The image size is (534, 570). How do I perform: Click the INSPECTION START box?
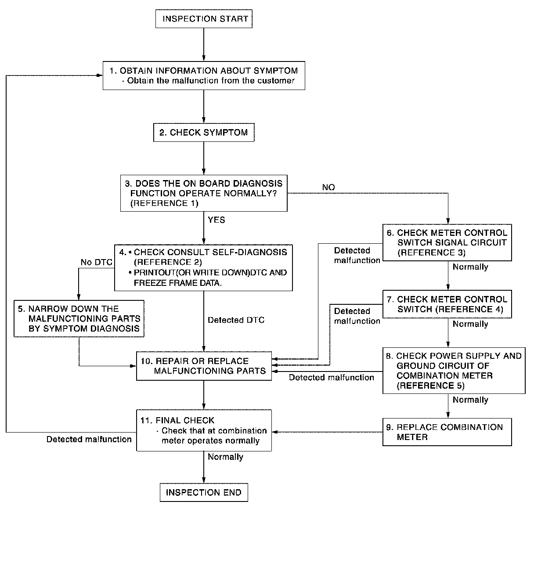(204, 19)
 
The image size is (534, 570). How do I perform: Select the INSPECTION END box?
(204, 492)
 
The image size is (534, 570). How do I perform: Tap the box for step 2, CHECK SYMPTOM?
(204, 132)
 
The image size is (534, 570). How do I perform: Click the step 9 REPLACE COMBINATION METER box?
(447, 432)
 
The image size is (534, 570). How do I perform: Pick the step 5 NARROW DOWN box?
(79, 318)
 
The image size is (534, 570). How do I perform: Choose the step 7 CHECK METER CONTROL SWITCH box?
(447, 304)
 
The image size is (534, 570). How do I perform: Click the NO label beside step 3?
(328, 188)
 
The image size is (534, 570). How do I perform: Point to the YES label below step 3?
(216, 220)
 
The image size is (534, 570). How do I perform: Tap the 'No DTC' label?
(96, 262)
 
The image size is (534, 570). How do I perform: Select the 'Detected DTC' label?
(236, 320)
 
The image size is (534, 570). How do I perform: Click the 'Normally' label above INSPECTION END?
(225, 457)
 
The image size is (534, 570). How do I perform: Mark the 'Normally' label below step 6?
(470, 267)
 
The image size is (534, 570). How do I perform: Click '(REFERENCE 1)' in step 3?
(164, 203)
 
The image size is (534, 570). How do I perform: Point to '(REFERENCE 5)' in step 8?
(430, 386)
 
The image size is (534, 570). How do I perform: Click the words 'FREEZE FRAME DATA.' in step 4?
(178, 283)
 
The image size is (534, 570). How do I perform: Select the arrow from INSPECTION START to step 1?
(204, 44)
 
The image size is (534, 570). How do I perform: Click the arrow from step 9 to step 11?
(327, 432)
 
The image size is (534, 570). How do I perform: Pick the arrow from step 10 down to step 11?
(204, 395)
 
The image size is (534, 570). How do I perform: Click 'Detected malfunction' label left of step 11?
(89, 439)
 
